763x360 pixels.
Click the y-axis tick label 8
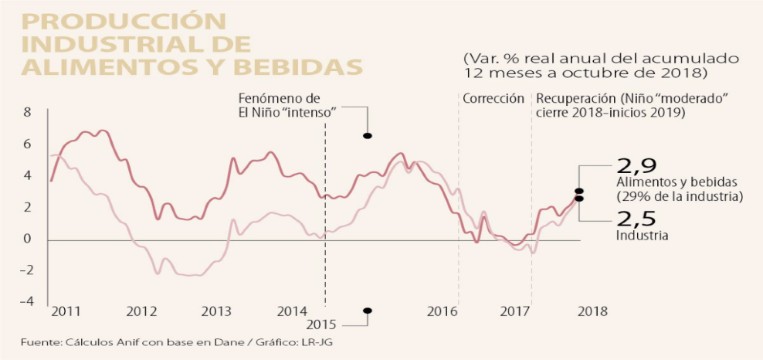point(27,113)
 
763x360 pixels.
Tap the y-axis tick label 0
point(27,239)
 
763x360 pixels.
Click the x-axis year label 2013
point(216,311)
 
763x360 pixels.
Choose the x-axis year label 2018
point(592,311)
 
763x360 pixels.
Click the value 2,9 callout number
point(636,166)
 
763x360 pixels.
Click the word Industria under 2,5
point(641,236)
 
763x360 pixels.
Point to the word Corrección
point(493,99)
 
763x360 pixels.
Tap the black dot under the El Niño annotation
point(368,136)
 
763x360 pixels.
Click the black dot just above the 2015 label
point(368,311)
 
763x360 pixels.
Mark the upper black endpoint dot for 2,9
point(578,191)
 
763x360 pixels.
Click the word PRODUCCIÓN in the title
point(124,22)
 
